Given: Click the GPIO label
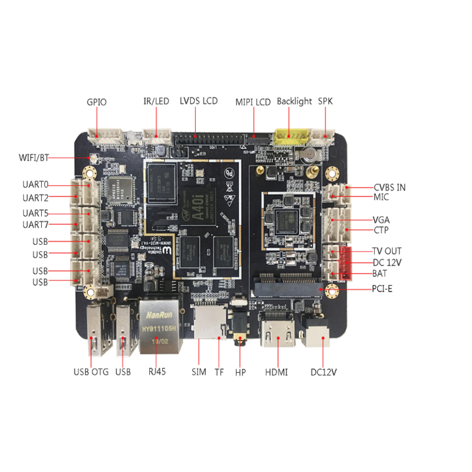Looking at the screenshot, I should [96, 102].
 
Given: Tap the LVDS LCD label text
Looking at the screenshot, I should [198, 101].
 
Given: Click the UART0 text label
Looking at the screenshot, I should [35, 185].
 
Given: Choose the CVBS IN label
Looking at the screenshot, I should [389, 188].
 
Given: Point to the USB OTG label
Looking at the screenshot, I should [91, 372].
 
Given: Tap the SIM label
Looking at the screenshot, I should [199, 372].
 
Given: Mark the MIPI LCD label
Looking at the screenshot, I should [253, 102].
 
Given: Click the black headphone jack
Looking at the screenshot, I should [240, 330].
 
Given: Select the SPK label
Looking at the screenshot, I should [325, 101].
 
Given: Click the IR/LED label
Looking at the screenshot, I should [156, 101].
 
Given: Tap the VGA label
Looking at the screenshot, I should [381, 219].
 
